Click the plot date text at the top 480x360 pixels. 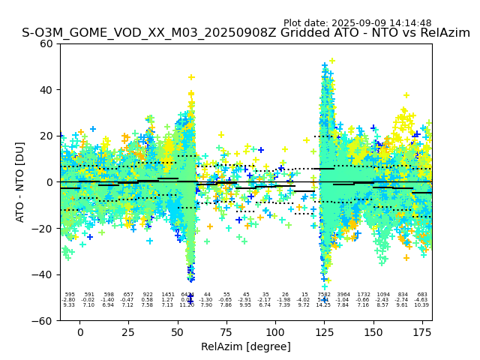pyautogui.click(x=357, y=23)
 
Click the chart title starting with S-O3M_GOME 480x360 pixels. pyautogui.click(x=246, y=33)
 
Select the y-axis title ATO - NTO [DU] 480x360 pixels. pyautogui.click(x=20, y=181)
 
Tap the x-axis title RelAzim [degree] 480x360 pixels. pyautogui.click(x=246, y=346)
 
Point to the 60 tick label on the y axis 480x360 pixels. pyautogui.click(x=46, y=43)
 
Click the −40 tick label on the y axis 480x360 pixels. pyautogui.click(x=43, y=274)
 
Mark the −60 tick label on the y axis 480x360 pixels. pyautogui.click(x=43, y=321)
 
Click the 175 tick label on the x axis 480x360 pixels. pyautogui.click(x=422, y=332)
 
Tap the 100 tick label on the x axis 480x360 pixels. pyautogui.click(x=275, y=332)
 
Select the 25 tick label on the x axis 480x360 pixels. pyautogui.click(x=128, y=332)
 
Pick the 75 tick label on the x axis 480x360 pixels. pyautogui.click(x=226, y=332)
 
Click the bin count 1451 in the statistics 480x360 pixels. pyautogui.click(x=167, y=295)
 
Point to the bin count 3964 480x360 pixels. pyautogui.click(x=343, y=295)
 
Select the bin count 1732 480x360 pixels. pyautogui.click(x=363, y=295)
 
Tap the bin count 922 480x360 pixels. pyautogui.click(x=148, y=295)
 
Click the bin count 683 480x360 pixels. pyautogui.click(x=422, y=295)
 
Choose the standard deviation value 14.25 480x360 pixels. pyautogui.click(x=323, y=305)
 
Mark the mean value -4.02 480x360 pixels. pyautogui.click(x=304, y=300)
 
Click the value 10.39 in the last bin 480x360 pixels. pyautogui.click(x=422, y=305)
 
